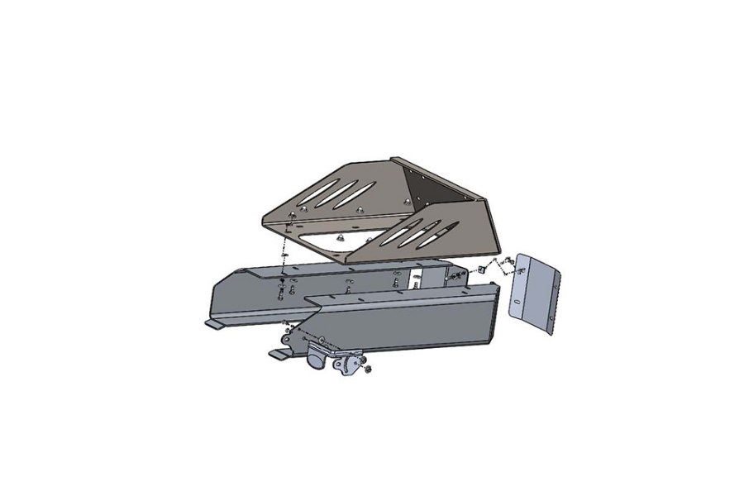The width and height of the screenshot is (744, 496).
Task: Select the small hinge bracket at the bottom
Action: [348, 363]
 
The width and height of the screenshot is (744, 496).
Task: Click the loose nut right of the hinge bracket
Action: [368, 368]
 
